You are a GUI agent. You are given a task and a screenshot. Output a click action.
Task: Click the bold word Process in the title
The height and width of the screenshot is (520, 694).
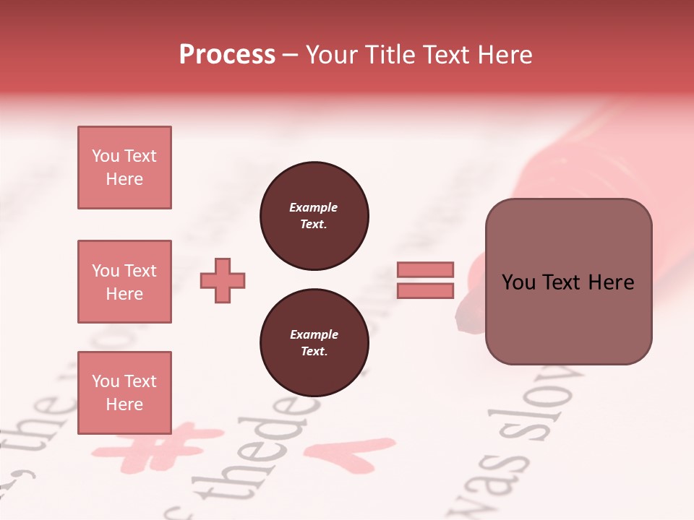[x=227, y=55]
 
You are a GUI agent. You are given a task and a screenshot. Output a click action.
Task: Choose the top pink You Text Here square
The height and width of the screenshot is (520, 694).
[x=124, y=168]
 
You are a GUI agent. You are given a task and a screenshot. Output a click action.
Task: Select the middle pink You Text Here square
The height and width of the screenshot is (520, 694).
[x=124, y=282]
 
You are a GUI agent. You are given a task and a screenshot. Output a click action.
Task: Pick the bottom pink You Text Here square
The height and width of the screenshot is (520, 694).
[x=124, y=392]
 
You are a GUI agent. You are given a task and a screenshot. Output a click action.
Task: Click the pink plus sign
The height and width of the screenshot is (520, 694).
[x=223, y=280]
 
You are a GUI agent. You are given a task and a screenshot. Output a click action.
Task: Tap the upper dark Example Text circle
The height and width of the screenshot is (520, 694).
[x=314, y=216]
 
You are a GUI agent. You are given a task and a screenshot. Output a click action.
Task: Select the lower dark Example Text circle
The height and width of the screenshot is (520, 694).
[x=314, y=342]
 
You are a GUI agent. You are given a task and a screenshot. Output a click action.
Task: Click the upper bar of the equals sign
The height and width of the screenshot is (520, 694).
[x=425, y=269]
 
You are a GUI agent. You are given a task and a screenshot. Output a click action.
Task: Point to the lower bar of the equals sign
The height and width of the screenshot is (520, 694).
[x=425, y=291]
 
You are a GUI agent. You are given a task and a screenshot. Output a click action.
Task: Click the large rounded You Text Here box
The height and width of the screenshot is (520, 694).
[x=568, y=282]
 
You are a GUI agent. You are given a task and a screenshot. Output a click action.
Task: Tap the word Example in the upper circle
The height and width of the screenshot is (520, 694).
[x=314, y=207]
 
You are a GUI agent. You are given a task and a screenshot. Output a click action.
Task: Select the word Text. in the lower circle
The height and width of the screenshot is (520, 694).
[x=314, y=352]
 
